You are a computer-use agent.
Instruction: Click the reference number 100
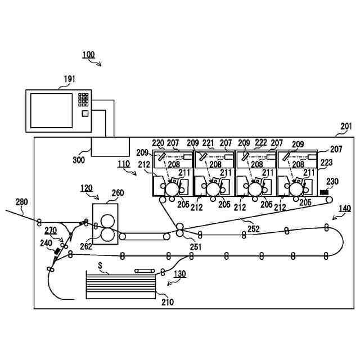pyautogui.click(x=88, y=55)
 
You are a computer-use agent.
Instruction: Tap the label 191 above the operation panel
pyautogui.click(x=69, y=79)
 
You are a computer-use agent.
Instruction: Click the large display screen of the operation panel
pyautogui.click(x=51, y=110)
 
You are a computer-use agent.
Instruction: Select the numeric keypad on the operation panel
pyautogui.click(x=83, y=100)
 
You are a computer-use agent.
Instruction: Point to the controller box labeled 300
pyautogui.click(x=110, y=147)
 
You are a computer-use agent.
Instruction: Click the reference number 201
pyautogui.click(x=346, y=126)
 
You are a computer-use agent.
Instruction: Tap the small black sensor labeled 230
pyautogui.click(x=324, y=192)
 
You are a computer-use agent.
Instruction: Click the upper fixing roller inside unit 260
pyautogui.click(x=107, y=221)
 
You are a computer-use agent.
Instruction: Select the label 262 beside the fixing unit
pyautogui.click(x=86, y=246)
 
